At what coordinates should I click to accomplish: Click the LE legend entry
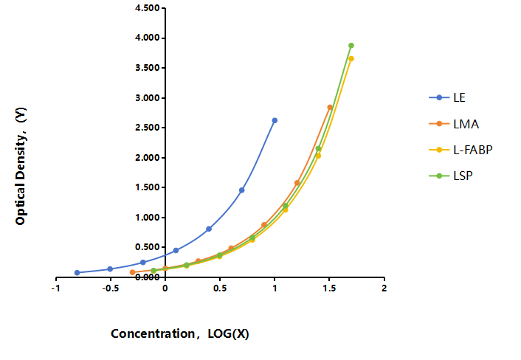click(447, 97)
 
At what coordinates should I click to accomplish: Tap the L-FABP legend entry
click(461, 150)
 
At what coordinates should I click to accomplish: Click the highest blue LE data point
click(275, 120)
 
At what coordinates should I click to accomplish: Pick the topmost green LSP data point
click(351, 46)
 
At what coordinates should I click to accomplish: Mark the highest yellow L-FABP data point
click(351, 59)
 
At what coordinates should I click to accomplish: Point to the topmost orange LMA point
click(330, 107)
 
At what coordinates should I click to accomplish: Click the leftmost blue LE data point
click(77, 273)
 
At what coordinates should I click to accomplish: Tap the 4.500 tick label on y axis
click(147, 8)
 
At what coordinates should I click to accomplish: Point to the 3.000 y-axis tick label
click(147, 98)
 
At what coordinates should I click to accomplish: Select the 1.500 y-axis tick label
click(147, 187)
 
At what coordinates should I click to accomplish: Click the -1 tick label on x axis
click(56, 288)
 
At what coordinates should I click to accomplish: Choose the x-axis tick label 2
click(384, 288)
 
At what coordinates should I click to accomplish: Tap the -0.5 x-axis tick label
click(110, 288)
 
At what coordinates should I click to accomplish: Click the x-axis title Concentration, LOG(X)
click(180, 333)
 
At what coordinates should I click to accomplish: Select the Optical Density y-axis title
click(21, 166)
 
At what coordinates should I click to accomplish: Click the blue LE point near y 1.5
click(241, 190)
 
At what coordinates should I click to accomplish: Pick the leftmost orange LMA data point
click(132, 272)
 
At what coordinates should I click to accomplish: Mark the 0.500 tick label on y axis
click(147, 247)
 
